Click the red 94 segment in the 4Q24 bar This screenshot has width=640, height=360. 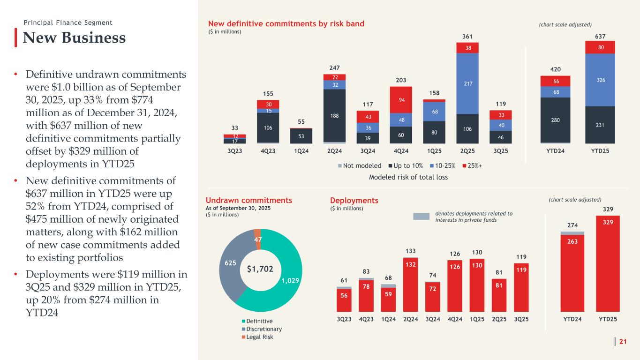click(x=401, y=99)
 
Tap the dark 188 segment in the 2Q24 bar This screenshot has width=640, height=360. click(x=335, y=115)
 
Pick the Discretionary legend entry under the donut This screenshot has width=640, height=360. click(x=264, y=329)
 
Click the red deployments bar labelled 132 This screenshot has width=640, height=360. click(x=411, y=284)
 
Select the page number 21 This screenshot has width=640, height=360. click(x=623, y=342)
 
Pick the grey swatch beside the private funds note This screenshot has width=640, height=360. click(x=421, y=216)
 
